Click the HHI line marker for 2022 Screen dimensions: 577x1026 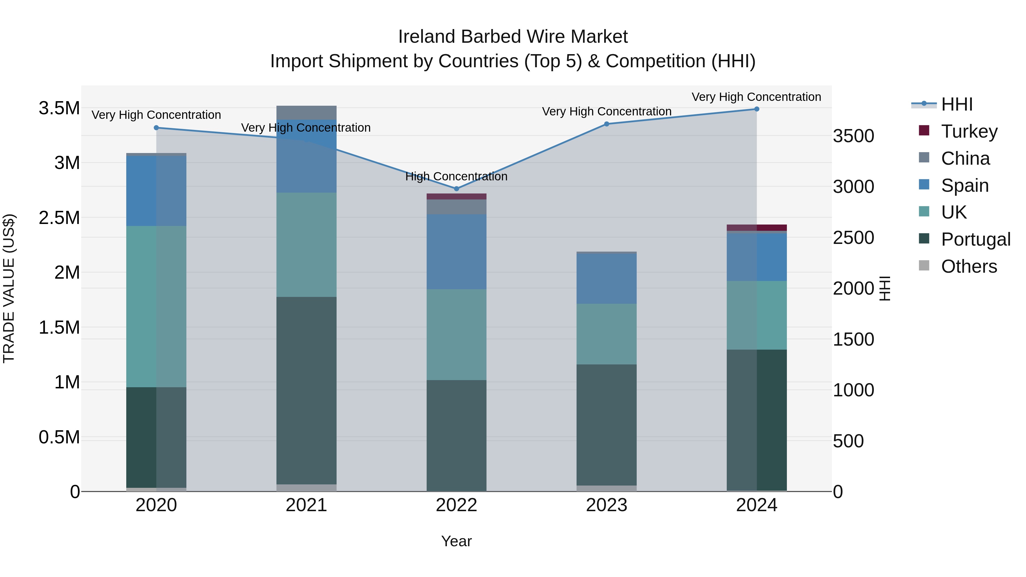pos(457,189)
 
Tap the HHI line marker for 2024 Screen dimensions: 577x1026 pos(757,109)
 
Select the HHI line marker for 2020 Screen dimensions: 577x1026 pos(156,128)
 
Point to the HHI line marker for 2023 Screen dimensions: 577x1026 pos(606,124)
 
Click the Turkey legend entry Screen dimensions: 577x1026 pos(969,131)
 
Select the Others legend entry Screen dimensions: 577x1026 pos(969,266)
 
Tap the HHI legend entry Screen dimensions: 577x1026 pos(957,104)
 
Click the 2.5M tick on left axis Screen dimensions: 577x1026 pos(59,218)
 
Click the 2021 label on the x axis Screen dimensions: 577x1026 pos(306,505)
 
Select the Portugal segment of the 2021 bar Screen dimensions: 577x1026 pos(306,390)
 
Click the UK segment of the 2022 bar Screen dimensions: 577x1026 pos(457,335)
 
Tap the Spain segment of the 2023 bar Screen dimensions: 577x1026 pos(606,279)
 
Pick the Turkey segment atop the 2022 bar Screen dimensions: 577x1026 pos(457,196)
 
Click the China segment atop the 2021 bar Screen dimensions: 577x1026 pos(306,113)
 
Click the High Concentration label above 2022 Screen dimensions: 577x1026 pos(457,176)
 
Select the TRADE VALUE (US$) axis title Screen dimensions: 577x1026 pos(9,288)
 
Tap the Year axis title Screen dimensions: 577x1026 pos(457,541)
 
